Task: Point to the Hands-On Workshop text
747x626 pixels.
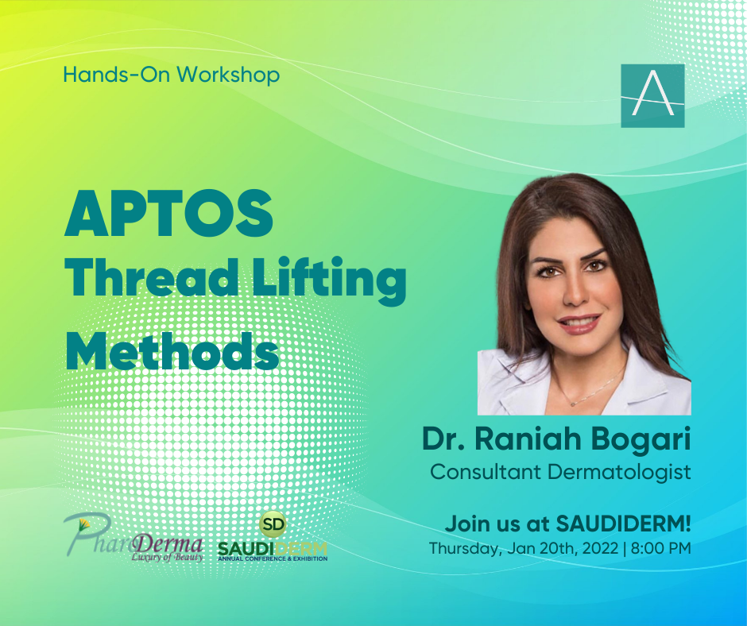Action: (172, 75)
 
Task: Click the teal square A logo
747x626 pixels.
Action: (652, 96)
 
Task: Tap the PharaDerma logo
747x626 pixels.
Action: (134, 539)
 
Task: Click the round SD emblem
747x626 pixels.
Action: (273, 524)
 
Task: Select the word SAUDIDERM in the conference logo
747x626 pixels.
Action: (273, 548)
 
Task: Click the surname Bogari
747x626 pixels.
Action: (641, 440)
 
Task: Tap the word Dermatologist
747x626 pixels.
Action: (619, 473)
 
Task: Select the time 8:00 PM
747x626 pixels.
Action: (660, 548)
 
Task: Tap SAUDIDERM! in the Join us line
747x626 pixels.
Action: (624, 524)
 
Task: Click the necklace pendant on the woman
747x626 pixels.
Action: (573, 404)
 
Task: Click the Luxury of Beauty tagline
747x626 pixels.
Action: (167, 556)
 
